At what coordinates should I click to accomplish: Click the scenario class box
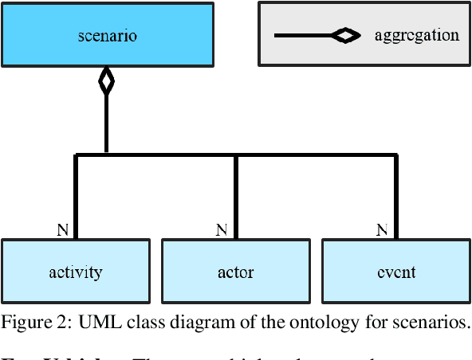pyautogui.click(x=108, y=34)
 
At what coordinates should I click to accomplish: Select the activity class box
pyautogui.click(x=75, y=272)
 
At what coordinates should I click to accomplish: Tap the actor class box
pyautogui.click(x=235, y=272)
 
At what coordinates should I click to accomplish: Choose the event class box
pyautogui.click(x=395, y=272)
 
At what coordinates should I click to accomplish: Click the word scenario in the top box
pyautogui.click(x=108, y=35)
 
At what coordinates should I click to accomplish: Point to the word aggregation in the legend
pyautogui.click(x=416, y=35)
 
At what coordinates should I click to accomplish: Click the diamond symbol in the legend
pyautogui.click(x=344, y=35)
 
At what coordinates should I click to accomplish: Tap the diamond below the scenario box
pyautogui.click(x=106, y=81)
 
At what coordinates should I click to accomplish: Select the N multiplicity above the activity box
pyautogui.click(x=62, y=230)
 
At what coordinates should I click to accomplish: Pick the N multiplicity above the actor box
pyautogui.click(x=222, y=230)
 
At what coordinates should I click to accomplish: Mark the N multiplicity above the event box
pyautogui.click(x=382, y=230)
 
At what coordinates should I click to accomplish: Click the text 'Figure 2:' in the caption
pyautogui.click(x=29, y=323)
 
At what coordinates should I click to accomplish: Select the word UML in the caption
pyautogui.click(x=82, y=323)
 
